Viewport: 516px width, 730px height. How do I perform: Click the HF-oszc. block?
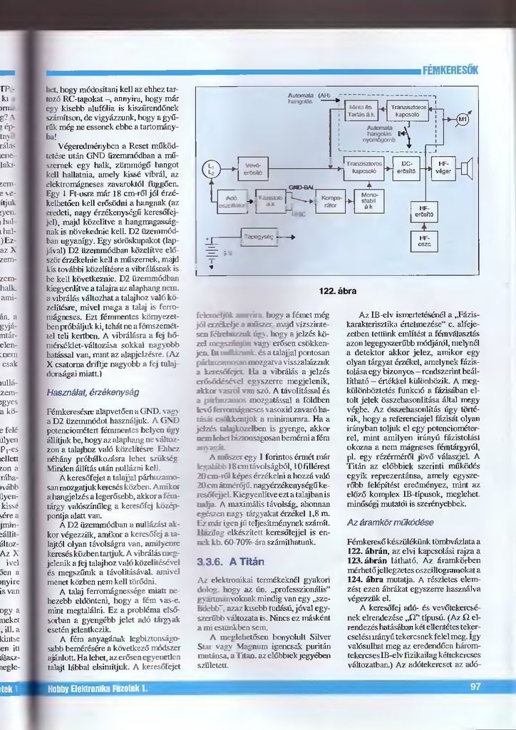tap(423, 241)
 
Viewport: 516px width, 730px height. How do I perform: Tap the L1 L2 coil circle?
tap(210, 168)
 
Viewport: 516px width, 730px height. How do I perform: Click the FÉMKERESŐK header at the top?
tap(450, 71)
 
